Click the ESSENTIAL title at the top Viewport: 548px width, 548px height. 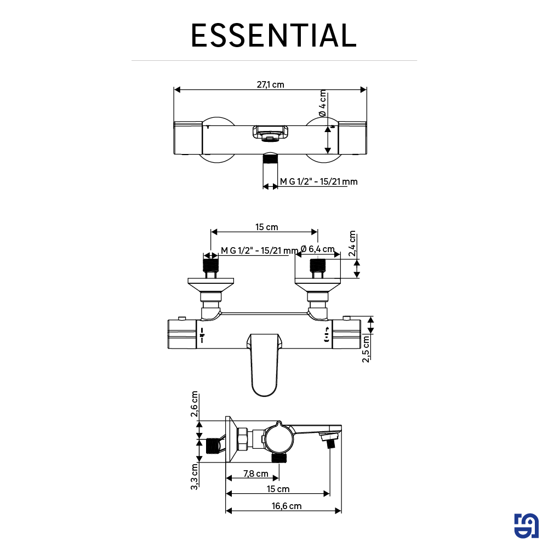pos(273,36)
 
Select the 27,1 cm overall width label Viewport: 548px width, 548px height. pos(270,84)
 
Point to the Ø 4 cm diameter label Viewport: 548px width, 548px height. pos(322,102)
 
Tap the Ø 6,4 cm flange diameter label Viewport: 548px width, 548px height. pos(317,249)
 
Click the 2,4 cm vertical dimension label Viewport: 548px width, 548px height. pos(352,244)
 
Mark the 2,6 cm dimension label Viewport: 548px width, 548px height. pos(195,404)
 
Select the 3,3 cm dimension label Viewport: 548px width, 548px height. pos(195,476)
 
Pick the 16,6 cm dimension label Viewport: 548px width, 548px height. pos(287,506)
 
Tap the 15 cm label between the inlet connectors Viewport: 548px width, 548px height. pos(266,227)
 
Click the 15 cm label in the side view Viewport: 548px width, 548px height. pos(278,489)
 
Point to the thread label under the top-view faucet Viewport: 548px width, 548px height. pos(318,181)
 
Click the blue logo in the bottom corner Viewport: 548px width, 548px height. pos(526,526)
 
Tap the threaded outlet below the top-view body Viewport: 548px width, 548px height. pos(270,159)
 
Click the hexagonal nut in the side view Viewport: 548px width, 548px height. pos(242,439)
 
